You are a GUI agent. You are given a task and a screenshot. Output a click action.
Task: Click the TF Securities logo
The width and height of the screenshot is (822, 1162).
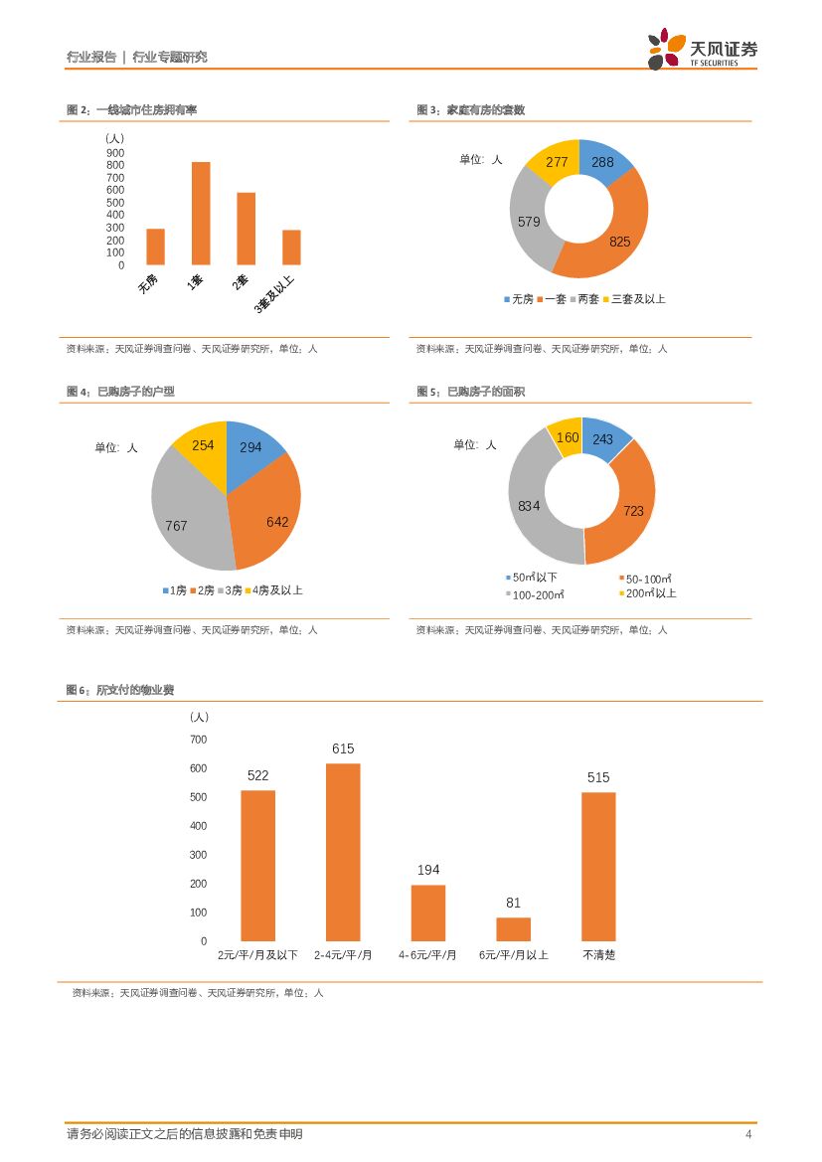tap(702, 50)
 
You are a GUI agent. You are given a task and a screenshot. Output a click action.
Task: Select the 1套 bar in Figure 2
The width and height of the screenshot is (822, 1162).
tap(201, 213)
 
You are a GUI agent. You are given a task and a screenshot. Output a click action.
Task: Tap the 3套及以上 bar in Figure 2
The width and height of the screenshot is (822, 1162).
tap(291, 248)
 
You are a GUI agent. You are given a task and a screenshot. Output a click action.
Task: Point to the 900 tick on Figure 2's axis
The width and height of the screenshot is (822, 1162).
tap(115, 153)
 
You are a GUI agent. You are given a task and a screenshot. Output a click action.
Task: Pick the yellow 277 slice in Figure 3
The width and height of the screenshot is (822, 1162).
tap(553, 164)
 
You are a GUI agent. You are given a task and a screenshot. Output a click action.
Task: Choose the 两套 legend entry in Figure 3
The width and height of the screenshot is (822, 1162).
tap(583, 299)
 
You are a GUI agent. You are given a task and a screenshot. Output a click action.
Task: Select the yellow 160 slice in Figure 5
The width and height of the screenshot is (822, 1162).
tap(566, 438)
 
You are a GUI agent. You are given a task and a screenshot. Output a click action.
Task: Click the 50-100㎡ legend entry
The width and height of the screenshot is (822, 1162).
tap(646, 579)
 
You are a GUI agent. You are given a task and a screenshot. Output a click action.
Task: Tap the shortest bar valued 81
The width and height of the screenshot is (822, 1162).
tap(513, 929)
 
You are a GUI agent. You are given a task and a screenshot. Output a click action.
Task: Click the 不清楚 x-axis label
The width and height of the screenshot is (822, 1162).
tap(598, 955)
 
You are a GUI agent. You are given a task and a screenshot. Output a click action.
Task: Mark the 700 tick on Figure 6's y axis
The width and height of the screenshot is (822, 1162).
tap(198, 740)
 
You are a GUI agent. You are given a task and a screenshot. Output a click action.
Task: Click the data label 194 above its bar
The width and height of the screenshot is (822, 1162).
tap(428, 870)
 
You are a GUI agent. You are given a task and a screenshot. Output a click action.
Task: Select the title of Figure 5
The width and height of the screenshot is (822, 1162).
tap(471, 392)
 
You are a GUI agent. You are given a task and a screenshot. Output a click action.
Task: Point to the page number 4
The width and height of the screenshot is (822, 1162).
tap(747, 1135)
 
